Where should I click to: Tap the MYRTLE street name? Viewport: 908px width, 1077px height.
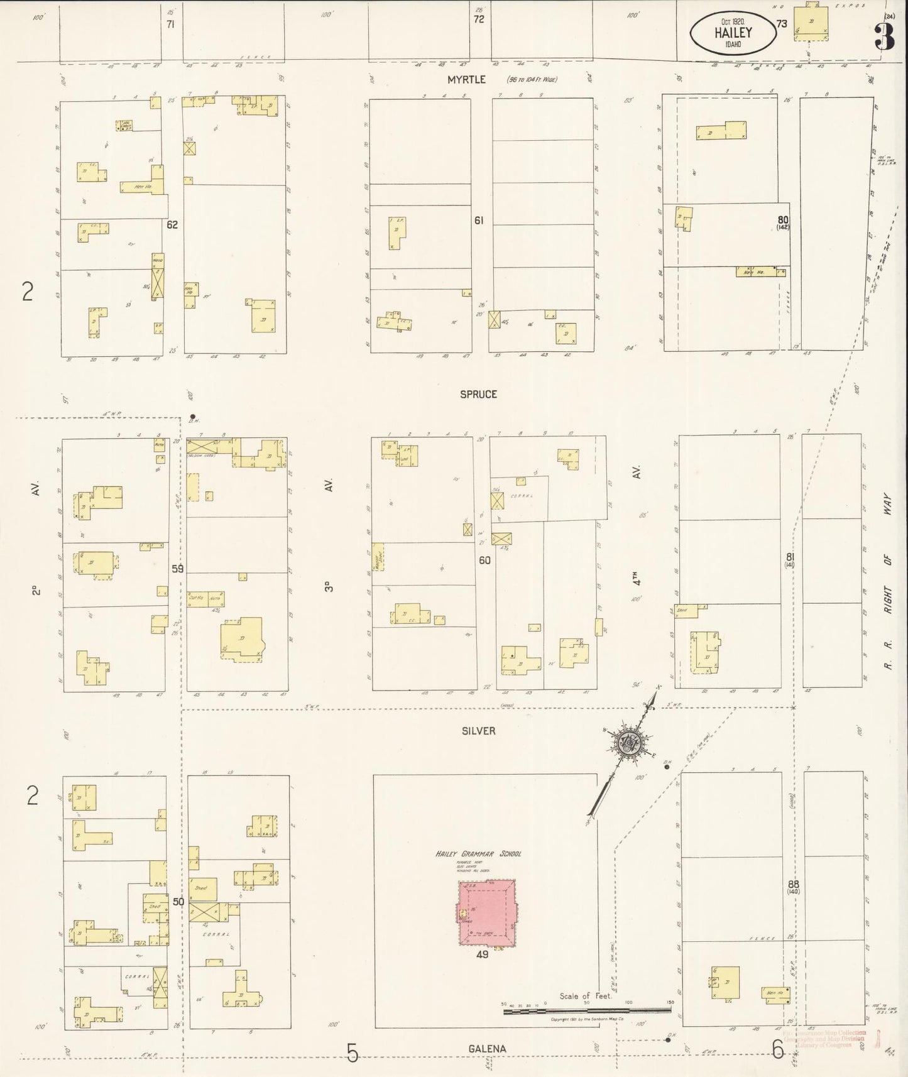[x=466, y=79]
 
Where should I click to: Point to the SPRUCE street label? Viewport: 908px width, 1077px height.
[x=478, y=394]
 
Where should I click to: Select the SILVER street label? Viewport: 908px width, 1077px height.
[x=478, y=731]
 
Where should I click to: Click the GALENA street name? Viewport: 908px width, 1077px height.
[x=486, y=1049]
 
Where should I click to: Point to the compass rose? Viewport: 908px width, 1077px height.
[x=627, y=743]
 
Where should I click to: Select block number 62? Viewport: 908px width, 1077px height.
[x=172, y=224]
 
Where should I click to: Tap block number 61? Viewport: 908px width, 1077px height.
[x=479, y=221]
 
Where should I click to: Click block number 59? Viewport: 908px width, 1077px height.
[x=178, y=569]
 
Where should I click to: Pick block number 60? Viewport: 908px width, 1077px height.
[x=484, y=560]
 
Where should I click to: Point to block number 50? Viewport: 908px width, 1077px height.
[x=178, y=902]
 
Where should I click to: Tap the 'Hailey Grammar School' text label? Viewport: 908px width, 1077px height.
[x=478, y=854]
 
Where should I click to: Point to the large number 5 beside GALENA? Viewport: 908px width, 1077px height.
[x=352, y=1051]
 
